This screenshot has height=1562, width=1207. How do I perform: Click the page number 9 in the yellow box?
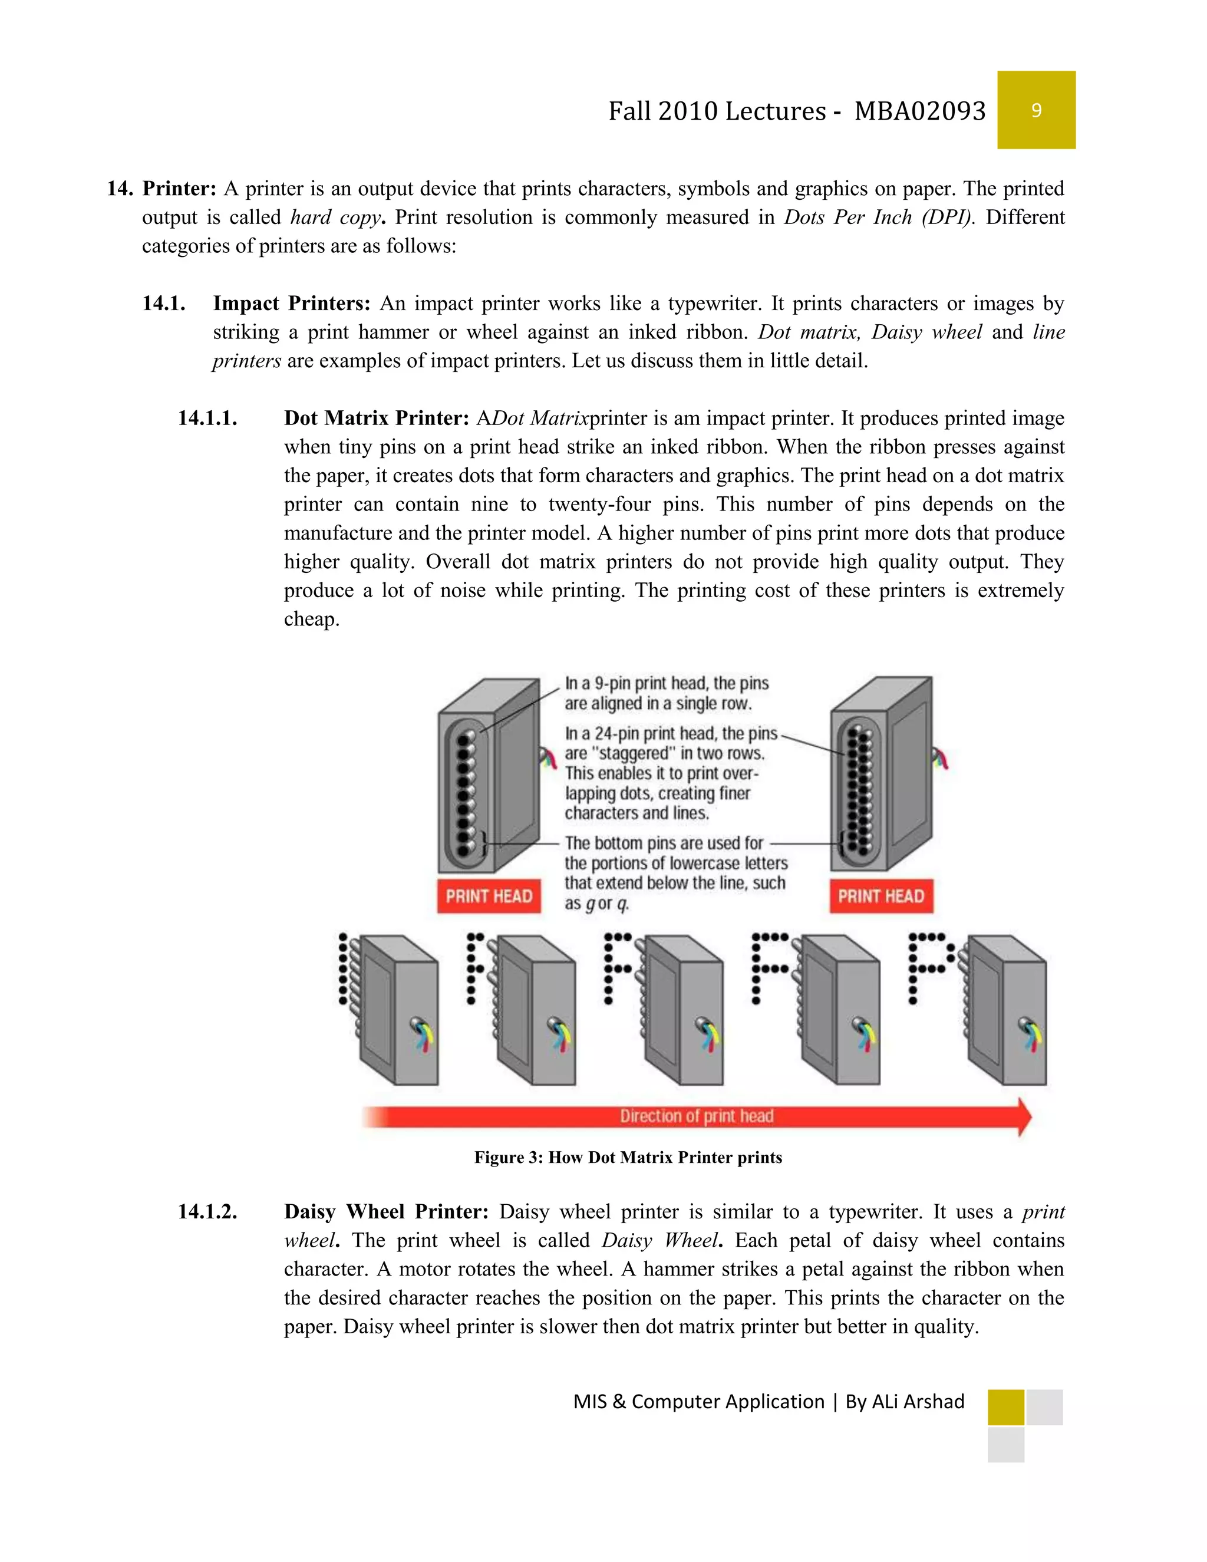tap(1036, 110)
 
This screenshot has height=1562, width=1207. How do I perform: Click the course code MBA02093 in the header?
tap(919, 111)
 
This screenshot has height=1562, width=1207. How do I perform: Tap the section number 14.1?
tap(164, 303)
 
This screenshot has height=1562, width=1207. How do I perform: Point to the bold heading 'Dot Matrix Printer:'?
tap(376, 418)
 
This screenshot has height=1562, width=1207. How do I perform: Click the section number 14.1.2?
tap(207, 1211)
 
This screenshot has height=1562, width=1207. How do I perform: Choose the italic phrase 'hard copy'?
tap(335, 218)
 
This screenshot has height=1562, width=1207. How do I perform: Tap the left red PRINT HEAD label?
tap(489, 896)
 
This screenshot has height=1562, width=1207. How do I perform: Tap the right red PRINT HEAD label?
tap(881, 896)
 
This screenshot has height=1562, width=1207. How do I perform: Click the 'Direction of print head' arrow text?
tap(697, 1116)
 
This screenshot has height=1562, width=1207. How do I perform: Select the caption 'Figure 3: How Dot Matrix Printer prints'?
tap(628, 1157)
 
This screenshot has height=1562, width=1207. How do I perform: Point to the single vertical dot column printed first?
tap(343, 968)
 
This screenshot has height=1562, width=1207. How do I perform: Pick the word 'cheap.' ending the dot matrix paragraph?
tap(311, 619)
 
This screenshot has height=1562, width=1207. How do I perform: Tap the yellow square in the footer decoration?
tap(1005, 1407)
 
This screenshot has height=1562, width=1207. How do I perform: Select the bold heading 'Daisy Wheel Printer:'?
tap(386, 1211)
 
